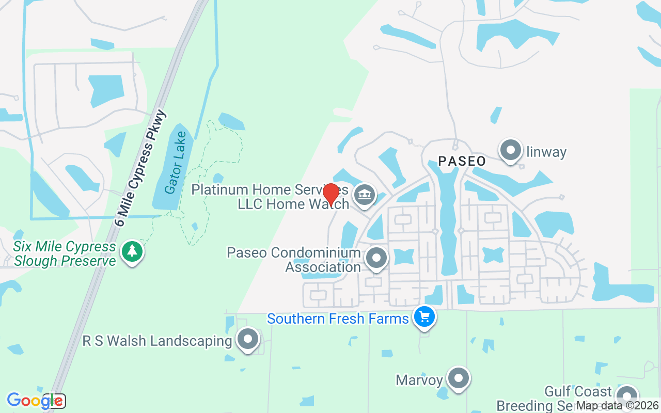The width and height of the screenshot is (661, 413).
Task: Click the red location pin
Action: click(x=330, y=194)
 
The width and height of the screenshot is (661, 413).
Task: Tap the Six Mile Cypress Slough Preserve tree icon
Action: click(x=133, y=251)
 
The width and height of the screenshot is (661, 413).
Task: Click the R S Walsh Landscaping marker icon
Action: click(x=248, y=340)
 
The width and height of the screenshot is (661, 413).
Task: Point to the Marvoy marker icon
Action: click(x=458, y=379)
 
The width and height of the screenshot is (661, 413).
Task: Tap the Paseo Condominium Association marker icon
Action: click(x=376, y=257)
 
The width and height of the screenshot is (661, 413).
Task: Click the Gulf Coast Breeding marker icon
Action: click(x=627, y=396)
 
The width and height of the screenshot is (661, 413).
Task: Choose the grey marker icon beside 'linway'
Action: click(x=511, y=151)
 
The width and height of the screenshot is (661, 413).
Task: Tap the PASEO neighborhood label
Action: click(x=462, y=161)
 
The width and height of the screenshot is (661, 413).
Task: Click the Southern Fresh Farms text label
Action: click(x=338, y=319)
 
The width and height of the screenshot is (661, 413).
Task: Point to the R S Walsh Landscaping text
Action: click(x=157, y=341)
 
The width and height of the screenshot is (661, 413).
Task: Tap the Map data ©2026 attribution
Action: click(x=617, y=406)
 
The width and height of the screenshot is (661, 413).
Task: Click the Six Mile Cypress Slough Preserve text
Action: click(x=65, y=253)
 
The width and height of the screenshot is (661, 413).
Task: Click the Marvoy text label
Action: click(x=419, y=380)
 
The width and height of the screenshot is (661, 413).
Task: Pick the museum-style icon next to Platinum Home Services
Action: click(x=365, y=195)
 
